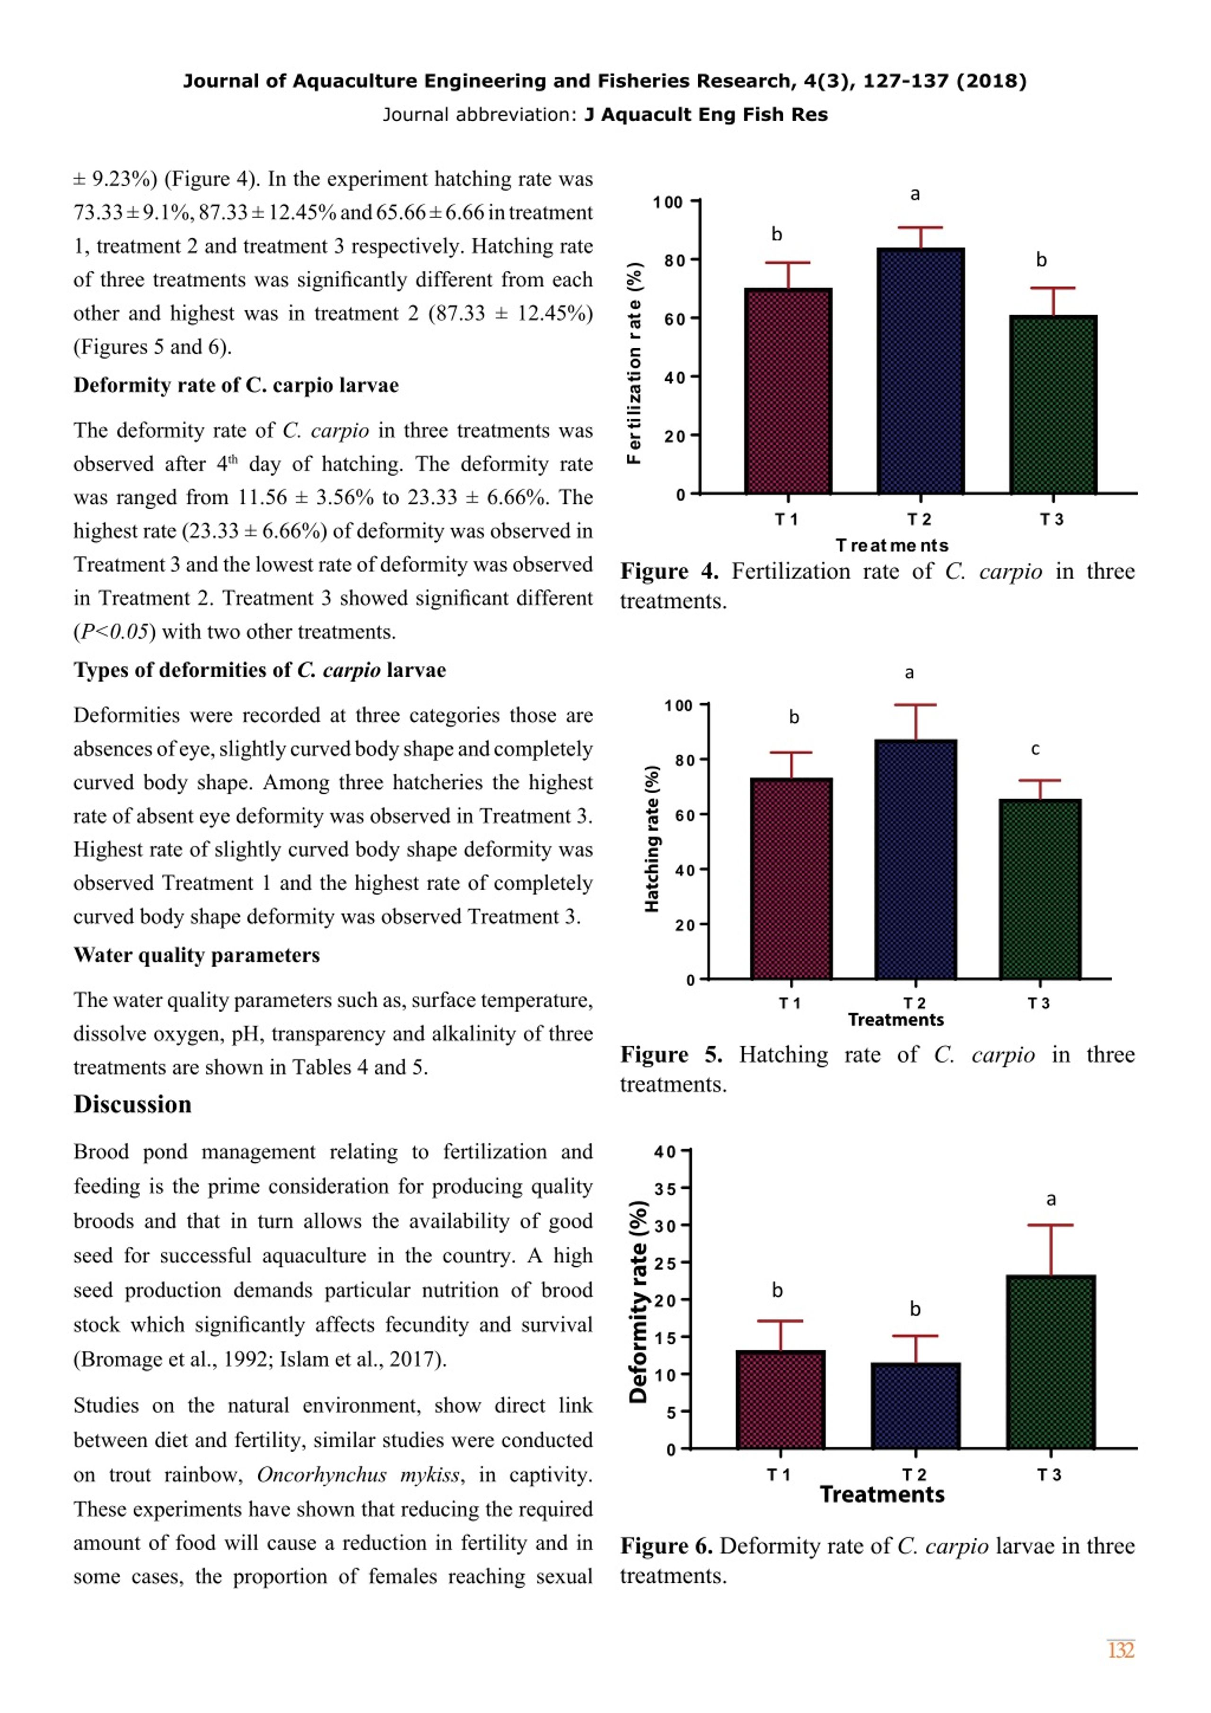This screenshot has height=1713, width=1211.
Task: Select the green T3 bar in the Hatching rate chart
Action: (1040, 889)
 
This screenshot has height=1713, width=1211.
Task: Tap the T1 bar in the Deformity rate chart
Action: (780, 1400)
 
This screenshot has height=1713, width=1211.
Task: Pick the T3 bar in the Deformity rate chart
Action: (1051, 1362)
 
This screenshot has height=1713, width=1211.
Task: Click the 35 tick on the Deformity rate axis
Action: (666, 1189)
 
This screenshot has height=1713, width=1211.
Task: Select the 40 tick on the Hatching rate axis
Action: (685, 870)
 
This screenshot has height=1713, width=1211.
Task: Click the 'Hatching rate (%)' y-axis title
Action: (652, 839)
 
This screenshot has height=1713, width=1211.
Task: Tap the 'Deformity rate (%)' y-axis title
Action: (638, 1302)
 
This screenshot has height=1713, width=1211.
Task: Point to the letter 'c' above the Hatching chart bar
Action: (1035, 749)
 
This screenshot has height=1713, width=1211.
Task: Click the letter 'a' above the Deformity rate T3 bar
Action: (1051, 1199)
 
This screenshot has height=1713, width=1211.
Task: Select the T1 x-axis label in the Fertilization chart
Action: (787, 519)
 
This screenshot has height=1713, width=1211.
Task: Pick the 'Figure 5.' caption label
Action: (671, 1054)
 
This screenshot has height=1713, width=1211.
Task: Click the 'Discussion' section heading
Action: (133, 1104)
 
